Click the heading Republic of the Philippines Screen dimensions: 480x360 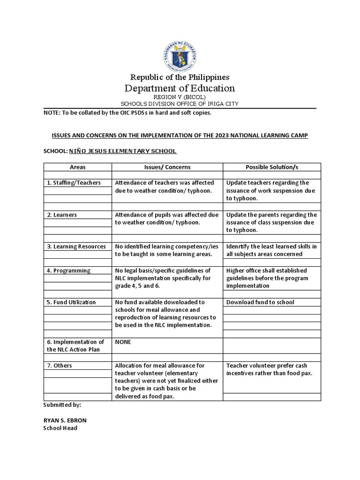coord(180,77)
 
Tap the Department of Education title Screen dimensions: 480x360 coord(180,88)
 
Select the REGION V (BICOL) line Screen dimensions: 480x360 coord(180,97)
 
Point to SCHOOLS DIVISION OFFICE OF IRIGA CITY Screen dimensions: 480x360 coord(180,104)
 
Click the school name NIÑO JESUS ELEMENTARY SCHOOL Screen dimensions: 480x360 coord(123,151)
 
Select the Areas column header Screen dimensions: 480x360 coord(77,167)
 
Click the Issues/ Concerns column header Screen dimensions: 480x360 coord(167,167)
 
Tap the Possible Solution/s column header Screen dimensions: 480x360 coord(272,167)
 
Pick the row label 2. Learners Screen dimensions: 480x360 coord(62,215)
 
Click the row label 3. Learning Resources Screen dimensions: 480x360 coord(76,247)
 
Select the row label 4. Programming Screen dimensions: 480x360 coord(68,270)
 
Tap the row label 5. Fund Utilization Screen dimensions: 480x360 coord(71,302)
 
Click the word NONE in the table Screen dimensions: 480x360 coord(123,342)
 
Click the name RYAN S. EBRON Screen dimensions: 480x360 coord(65,420)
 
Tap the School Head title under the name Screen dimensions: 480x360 coord(60,428)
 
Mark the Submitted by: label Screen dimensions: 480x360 coord(62,405)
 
